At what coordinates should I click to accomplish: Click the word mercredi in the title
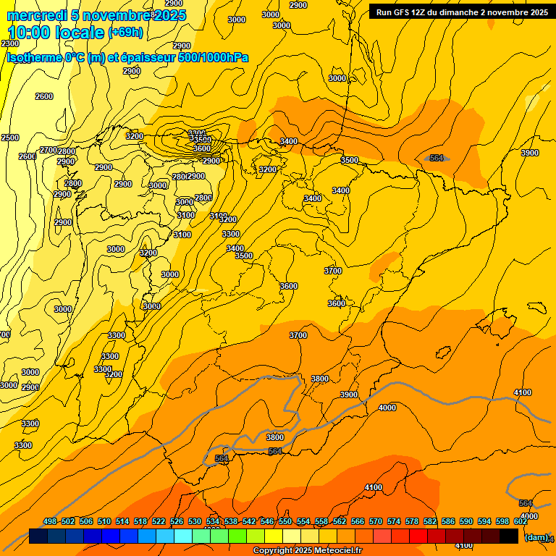click(35, 15)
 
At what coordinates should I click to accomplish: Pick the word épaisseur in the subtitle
click(148, 57)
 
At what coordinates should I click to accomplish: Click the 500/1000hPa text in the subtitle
click(215, 57)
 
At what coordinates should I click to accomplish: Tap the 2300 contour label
click(10, 44)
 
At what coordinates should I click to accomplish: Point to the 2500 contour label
click(10, 138)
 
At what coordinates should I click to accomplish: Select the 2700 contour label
click(49, 150)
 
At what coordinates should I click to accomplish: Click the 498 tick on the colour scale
click(50, 521)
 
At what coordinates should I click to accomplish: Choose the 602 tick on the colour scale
click(521, 521)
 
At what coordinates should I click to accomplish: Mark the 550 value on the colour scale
click(285, 521)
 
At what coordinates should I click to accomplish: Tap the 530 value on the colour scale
click(195, 521)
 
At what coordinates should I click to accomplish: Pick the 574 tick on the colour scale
click(394, 521)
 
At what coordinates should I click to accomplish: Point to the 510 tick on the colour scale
click(104, 521)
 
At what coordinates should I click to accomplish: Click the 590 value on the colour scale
click(466, 521)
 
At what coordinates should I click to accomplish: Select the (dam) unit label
click(536, 536)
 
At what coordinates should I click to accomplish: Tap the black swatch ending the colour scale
click(509, 536)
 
